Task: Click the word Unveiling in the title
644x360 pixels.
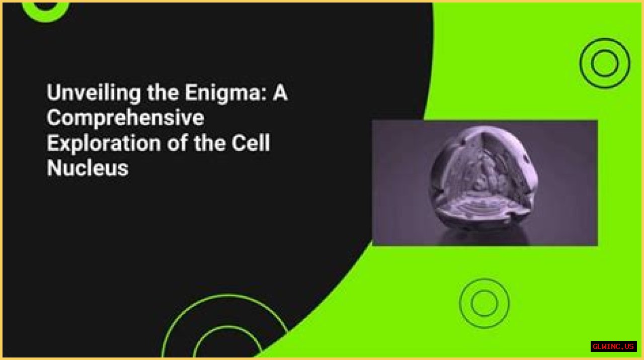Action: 94,93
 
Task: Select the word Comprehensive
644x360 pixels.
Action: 125,118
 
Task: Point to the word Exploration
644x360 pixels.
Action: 104,143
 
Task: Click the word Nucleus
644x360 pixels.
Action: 88,167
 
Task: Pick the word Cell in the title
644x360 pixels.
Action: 251,142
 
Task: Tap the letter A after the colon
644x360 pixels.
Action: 280,92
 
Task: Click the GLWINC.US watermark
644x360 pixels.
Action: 613,346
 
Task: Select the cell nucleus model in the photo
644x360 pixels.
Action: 483,178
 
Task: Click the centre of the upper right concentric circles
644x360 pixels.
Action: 605,63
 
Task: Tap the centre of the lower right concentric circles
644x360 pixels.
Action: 484,303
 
